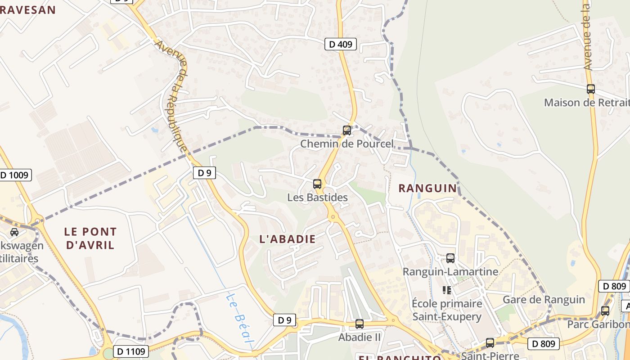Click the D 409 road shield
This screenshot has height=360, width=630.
(341, 44)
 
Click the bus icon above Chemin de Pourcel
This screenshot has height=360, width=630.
(346, 130)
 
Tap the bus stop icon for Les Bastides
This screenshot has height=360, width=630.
(317, 184)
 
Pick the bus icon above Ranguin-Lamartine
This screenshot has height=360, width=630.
(450, 258)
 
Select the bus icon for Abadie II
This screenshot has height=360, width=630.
(359, 324)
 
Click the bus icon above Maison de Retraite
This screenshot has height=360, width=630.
(591, 89)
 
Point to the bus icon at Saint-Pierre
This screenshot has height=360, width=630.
(490, 343)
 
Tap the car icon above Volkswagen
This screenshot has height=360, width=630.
(14, 232)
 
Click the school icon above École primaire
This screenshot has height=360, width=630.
(446, 290)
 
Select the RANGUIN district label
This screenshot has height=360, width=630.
(427, 188)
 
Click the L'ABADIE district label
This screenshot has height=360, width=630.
(288, 239)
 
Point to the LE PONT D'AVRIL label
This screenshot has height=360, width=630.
(90, 238)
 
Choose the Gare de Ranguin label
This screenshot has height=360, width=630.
(544, 300)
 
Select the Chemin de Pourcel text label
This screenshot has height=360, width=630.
(346, 144)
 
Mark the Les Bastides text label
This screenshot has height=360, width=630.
(317, 198)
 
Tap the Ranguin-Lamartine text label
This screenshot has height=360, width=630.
(450, 272)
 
